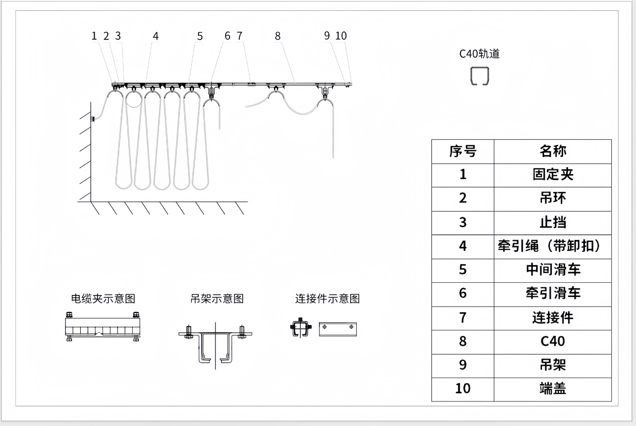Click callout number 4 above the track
click(x=156, y=36)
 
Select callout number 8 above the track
click(x=278, y=36)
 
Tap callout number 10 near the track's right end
click(x=341, y=36)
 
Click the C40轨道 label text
click(x=479, y=54)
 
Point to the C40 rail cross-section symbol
click(x=480, y=76)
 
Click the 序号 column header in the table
click(x=462, y=151)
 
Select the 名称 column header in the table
click(x=553, y=151)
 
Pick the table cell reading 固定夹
click(x=553, y=175)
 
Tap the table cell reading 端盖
click(x=553, y=389)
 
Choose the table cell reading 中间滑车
click(x=553, y=270)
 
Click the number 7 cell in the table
click(x=462, y=318)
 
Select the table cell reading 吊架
click(x=553, y=365)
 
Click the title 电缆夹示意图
click(x=103, y=299)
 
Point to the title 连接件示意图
click(x=327, y=299)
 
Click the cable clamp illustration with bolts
click(x=102, y=327)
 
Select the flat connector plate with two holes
click(x=338, y=329)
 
